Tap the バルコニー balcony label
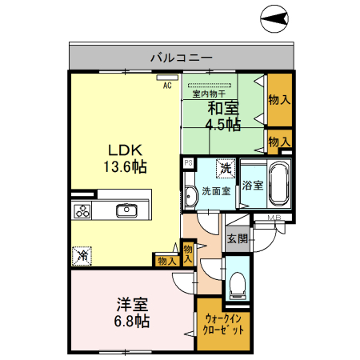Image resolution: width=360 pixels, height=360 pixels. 182,58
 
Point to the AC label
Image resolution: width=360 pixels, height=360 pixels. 168,84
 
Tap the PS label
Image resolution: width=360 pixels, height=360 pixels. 188,162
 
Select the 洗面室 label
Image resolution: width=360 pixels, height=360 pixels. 215,191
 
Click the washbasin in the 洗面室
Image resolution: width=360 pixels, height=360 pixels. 190,197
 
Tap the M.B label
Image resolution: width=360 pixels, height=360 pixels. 273,218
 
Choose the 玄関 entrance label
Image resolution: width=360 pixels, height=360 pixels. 236,238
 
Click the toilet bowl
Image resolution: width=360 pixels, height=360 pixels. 237,284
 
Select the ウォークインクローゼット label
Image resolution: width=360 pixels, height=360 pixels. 223,324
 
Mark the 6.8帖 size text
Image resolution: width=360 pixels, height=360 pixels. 132,321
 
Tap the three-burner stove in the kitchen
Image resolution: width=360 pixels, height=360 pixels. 83,211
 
